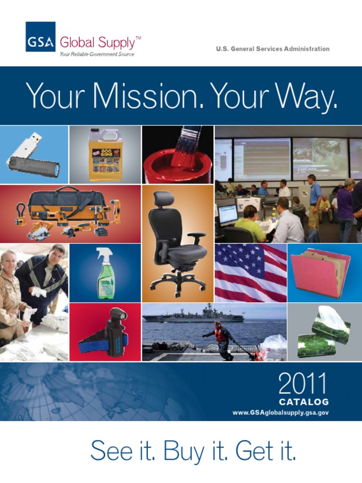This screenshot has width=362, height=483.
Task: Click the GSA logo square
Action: click(x=40, y=37)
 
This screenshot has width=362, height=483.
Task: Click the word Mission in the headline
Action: click(x=148, y=96)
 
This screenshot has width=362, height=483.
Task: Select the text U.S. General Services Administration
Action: click(x=272, y=49)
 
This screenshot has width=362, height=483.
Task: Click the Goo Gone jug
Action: click(x=105, y=155)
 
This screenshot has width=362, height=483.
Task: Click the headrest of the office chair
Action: click(x=163, y=199)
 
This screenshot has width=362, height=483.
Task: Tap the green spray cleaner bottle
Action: click(x=105, y=274)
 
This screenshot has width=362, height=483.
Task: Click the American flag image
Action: click(x=250, y=273)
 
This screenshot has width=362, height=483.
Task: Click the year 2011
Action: click(x=302, y=384)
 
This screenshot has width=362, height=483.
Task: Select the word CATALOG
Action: click(x=304, y=402)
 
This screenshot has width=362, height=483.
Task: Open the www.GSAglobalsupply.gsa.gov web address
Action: click(x=280, y=413)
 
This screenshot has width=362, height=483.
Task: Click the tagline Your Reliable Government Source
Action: click(x=97, y=54)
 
